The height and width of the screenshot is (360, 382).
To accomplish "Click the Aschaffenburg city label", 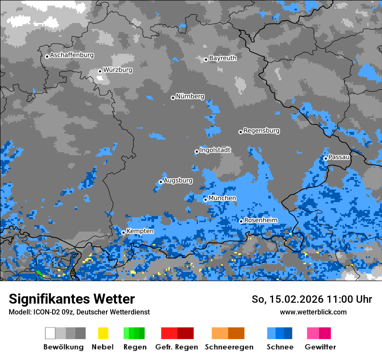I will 72,56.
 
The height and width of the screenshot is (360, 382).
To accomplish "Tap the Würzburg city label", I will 118,70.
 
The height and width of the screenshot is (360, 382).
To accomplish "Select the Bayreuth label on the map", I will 223,58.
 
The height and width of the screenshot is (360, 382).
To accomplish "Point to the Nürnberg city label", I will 190,97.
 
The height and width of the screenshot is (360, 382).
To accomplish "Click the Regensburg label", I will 261,131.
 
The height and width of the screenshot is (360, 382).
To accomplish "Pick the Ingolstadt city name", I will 215,150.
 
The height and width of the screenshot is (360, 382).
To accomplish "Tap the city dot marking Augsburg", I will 161,182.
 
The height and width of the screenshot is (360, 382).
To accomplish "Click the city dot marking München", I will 205,200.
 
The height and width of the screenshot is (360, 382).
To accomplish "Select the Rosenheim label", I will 260,220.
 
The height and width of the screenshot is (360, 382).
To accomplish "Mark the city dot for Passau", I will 326,158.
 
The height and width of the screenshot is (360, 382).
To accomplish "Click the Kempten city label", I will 140,231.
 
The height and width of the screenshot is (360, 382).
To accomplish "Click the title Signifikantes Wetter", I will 72,299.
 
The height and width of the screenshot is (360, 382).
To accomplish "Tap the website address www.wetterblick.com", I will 313,312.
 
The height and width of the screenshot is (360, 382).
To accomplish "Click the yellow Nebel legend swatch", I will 103,333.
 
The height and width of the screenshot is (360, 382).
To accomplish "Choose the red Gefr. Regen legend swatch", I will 177,333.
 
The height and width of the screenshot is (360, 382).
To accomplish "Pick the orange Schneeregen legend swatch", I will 228,333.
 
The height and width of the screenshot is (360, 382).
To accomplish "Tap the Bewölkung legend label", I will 63,347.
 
